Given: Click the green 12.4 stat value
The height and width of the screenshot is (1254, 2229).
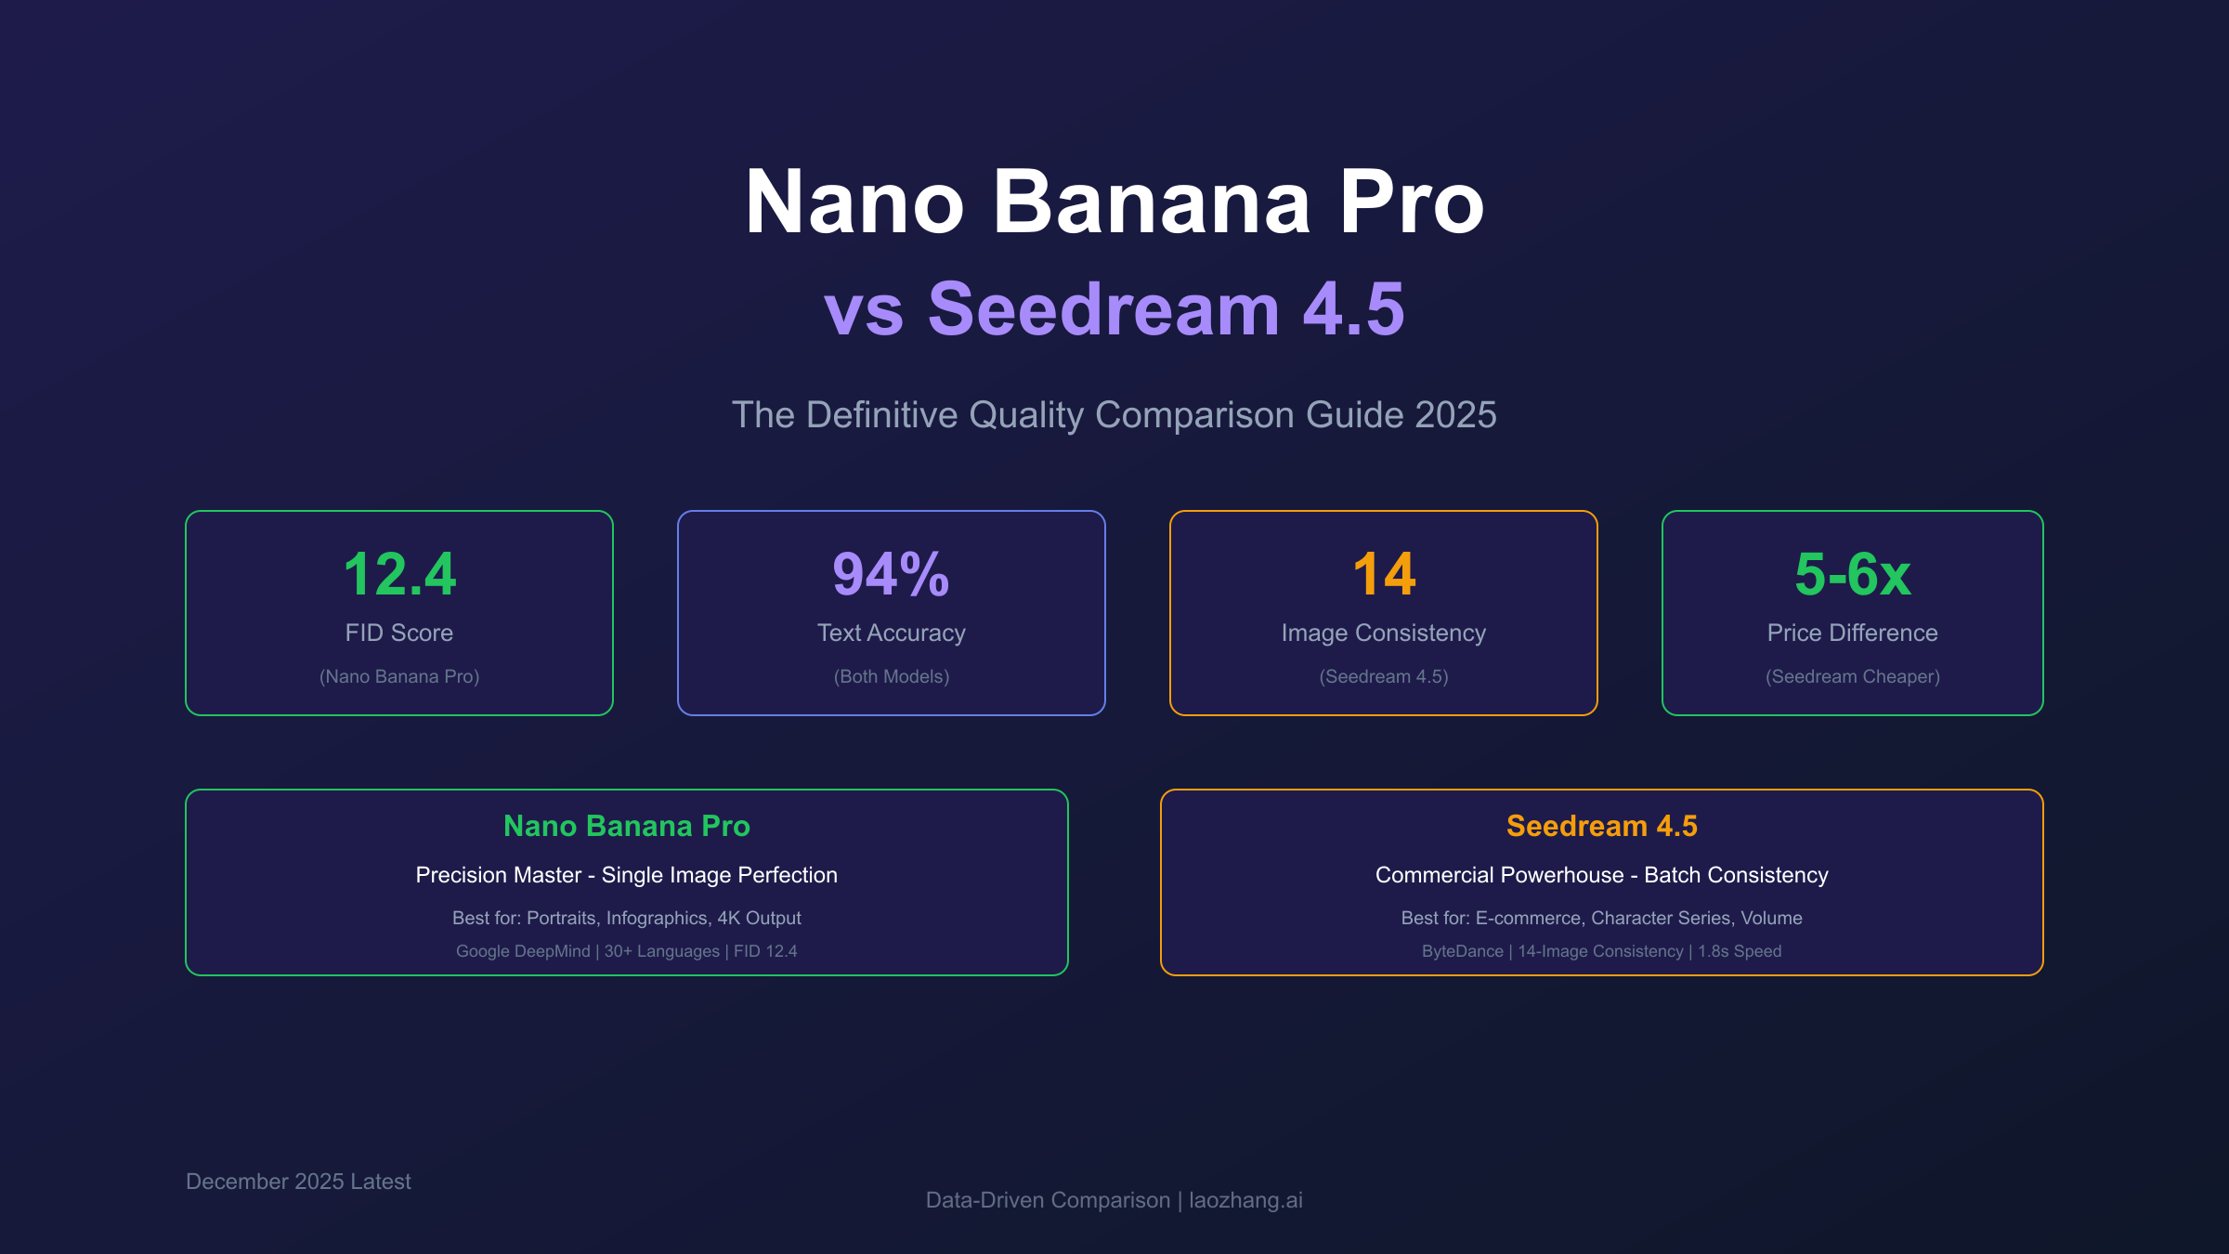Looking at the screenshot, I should coord(399,574).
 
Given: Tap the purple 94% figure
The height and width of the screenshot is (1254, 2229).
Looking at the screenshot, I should coord(891,574).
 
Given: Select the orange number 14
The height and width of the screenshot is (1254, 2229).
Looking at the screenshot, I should coord(1384,574).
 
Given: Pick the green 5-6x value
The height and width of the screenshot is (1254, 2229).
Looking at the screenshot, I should coord(1852,574).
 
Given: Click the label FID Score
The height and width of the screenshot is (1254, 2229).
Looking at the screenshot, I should coord(399,633).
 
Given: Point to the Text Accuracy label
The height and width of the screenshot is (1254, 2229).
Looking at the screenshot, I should coord(891,633).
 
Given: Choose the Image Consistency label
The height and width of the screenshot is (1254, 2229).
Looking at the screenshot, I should coord(1383,633).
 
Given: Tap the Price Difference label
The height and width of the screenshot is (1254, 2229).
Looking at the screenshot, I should coord(1852,633).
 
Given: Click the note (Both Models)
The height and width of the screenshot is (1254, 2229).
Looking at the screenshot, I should coord(891,676).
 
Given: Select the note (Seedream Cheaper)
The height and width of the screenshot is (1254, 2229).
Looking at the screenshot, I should coord(1852,676).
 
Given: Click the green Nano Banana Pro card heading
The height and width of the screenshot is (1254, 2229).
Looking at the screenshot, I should coord(626,826).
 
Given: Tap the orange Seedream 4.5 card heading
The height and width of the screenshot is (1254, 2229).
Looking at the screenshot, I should coord(1601,826).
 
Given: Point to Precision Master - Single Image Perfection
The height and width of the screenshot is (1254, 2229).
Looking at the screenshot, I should coord(626,875).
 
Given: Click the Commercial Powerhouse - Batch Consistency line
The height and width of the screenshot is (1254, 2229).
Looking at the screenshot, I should coord(1601,875).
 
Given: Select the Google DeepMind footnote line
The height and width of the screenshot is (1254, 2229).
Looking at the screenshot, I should coord(626,951).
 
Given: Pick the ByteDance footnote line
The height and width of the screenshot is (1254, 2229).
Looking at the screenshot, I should coord(1601,951).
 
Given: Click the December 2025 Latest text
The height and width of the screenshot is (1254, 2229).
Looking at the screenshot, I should coord(298,1182).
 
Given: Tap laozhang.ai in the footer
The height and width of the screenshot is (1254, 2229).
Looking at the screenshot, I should coord(1245,1200).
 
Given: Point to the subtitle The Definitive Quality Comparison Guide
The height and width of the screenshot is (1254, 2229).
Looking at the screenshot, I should coord(1114,414).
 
